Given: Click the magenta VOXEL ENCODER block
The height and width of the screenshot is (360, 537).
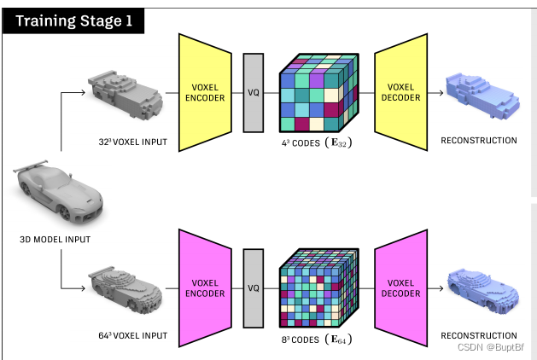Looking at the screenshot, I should pos(204,287).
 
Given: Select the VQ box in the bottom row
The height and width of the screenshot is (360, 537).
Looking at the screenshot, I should pos(253,287).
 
